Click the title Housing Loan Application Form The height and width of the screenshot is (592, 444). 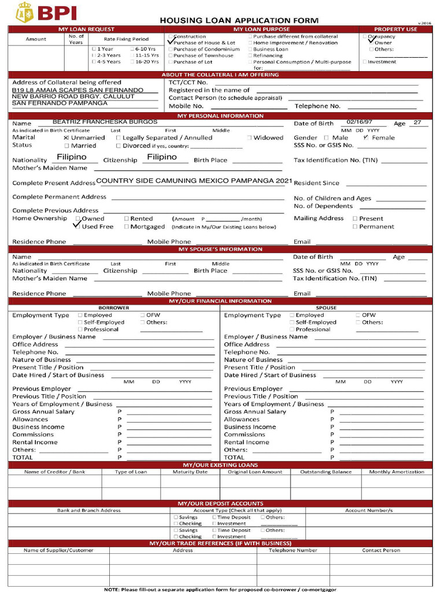pyautogui.click(x=239, y=20)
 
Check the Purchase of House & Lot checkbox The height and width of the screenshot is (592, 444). pyautogui.click(x=171, y=43)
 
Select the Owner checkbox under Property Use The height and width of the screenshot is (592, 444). pyautogui.click(x=372, y=42)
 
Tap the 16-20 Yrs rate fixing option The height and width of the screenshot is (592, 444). pyautogui.click(x=132, y=62)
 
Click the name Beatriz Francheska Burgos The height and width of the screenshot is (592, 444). pyautogui.click(x=105, y=122)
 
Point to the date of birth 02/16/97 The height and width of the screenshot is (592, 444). pyautogui.click(x=359, y=123)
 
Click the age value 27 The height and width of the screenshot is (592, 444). pyautogui.click(x=417, y=123)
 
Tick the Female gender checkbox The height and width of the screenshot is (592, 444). pyautogui.click(x=366, y=138)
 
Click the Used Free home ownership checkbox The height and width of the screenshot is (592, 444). pyautogui.click(x=77, y=227)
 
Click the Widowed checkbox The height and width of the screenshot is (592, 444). pyautogui.click(x=250, y=138)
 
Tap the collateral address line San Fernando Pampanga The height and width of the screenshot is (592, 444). pyautogui.click(x=60, y=103)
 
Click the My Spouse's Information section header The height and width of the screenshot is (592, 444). pyautogui.click(x=220, y=249)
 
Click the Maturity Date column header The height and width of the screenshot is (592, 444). pyautogui.click(x=190, y=472)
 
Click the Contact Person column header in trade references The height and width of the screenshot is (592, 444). pyautogui.click(x=381, y=550)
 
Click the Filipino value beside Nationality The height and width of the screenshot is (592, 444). pyautogui.click(x=72, y=157)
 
